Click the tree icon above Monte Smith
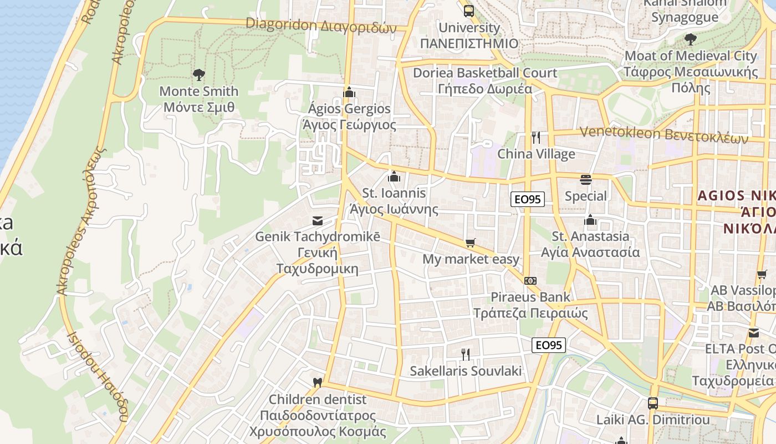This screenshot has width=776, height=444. (x=198, y=74)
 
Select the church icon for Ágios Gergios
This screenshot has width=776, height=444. (x=349, y=92)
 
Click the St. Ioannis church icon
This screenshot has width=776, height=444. (x=394, y=176)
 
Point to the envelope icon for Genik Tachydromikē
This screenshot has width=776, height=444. (x=318, y=220)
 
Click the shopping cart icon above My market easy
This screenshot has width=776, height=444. (x=471, y=243)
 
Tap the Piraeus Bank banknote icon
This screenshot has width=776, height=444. (x=530, y=281)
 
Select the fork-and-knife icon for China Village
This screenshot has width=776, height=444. (x=535, y=138)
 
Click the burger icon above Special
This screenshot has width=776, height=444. (x=586, y=179)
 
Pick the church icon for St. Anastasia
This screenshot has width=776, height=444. (x=590, y=220)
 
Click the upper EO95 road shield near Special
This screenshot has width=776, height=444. (x=528, y=199)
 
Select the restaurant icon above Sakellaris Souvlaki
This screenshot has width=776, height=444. (x=466, y=354)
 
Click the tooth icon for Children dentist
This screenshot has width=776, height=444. (x=318, y=382)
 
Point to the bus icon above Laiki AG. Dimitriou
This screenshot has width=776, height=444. (x=653, y=403)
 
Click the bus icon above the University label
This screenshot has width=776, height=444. (x=469, y=11)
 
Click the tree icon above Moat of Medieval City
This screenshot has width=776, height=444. (x=690, y=39)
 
